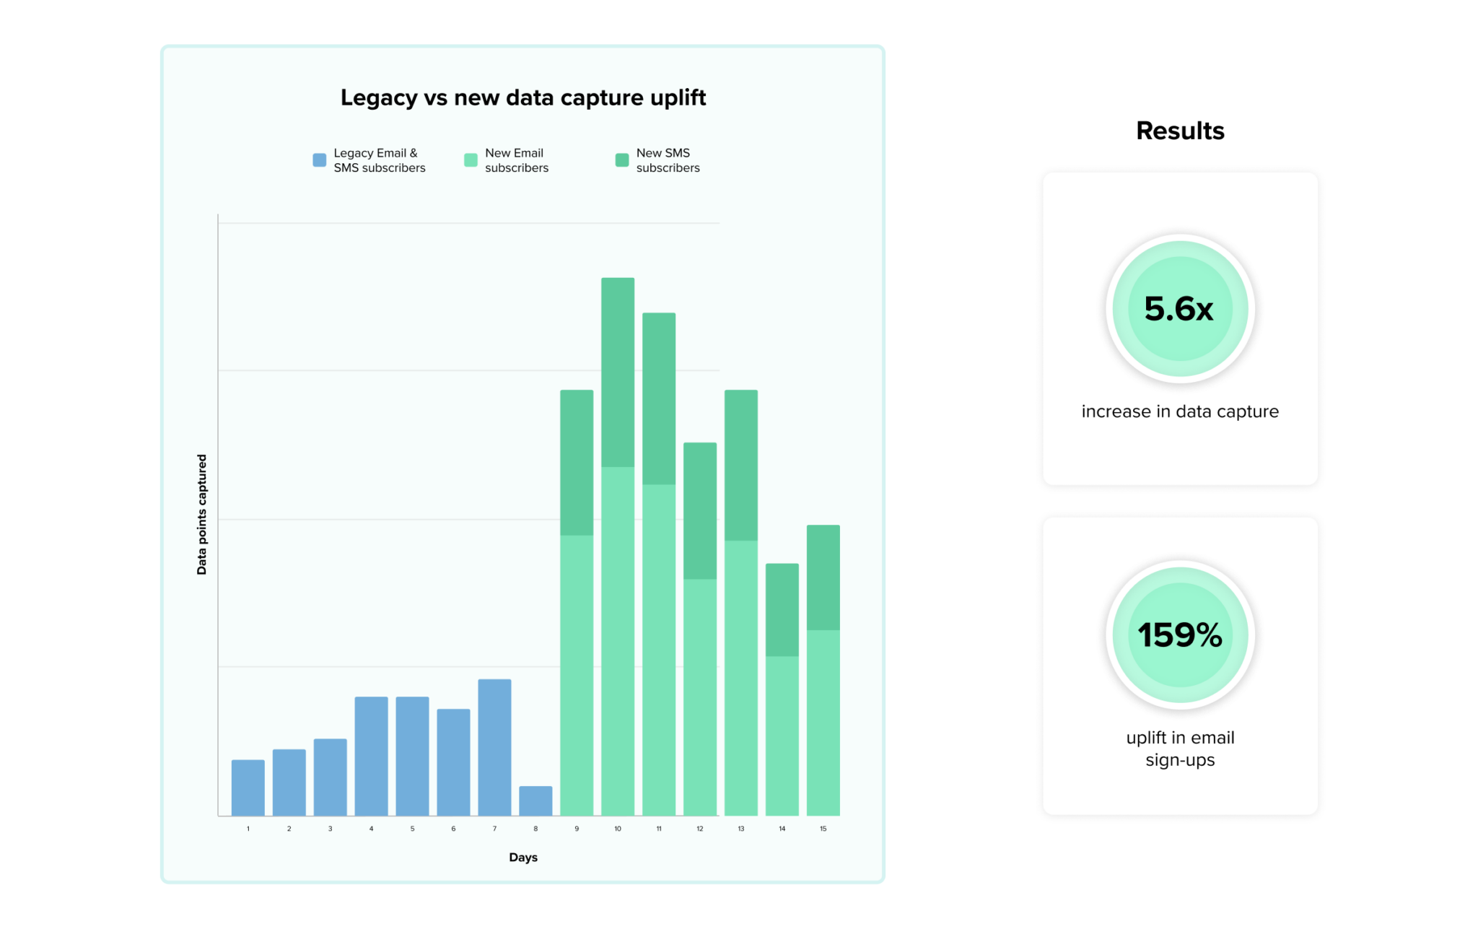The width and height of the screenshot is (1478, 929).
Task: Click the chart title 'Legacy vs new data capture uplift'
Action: coord(522,97)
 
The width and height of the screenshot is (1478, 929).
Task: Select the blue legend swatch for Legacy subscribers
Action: coord(319,160)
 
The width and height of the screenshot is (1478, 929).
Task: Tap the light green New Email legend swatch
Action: coord(471,160)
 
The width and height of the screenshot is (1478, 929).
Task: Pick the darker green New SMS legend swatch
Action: coord(621,160)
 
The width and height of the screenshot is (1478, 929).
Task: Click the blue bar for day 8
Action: coord(535,801)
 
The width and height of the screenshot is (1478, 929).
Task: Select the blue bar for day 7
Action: coord(494,747)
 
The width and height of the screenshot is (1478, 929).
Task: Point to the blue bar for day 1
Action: coord(248,788)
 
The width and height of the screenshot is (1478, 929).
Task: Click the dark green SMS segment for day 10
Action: coord(618,372)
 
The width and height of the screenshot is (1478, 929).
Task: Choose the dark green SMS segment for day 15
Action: coord(823,577)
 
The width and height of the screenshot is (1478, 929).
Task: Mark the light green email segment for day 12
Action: coord(700,697)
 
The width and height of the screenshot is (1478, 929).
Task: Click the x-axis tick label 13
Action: coord(741,829)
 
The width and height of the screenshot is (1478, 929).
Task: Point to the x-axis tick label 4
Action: coord(371,829)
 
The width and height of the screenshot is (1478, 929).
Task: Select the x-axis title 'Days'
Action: coord(523,858)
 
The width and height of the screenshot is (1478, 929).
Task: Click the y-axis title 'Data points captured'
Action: coord(202,514)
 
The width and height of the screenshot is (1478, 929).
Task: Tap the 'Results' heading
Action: coord(1180,131)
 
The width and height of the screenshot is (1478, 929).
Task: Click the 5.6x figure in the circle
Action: coord(1179,309)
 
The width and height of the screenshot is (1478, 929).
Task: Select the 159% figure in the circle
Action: coord(1180,635)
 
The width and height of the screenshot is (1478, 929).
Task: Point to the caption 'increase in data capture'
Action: coord(1180,411)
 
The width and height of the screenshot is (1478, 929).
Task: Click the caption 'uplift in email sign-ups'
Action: coord(1180,749)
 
